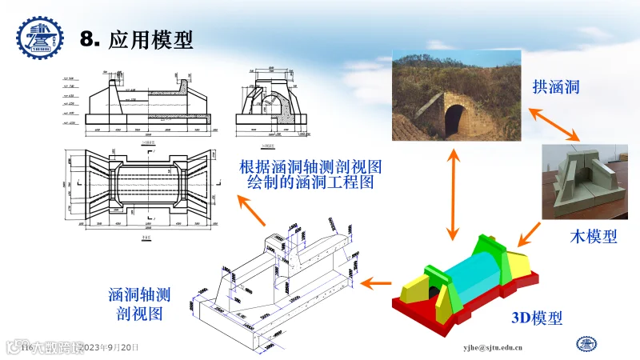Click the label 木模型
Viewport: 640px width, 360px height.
(593, 236)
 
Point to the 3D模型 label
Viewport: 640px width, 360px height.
(537, 318)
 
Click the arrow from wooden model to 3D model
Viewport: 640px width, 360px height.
(529, 234)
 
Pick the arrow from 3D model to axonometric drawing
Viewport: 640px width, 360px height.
(375, 282)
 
